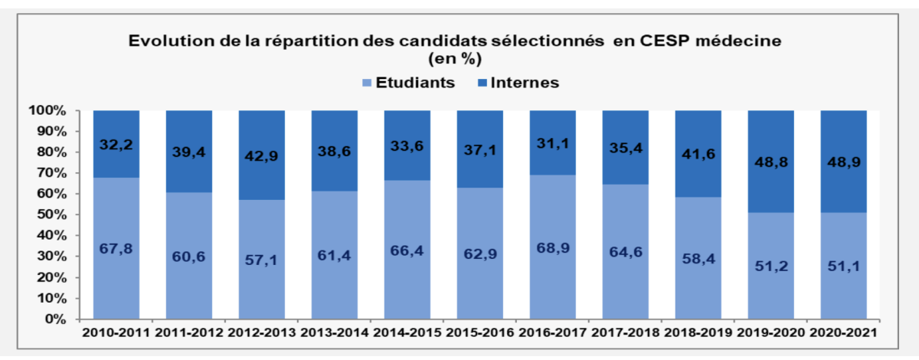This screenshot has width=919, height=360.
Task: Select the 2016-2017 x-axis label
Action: pos(552,334)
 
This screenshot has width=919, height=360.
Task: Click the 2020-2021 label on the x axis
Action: pos(843,334)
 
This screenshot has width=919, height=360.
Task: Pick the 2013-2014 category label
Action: pos(334,334)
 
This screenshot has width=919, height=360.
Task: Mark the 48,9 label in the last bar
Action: pos(844,162)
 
